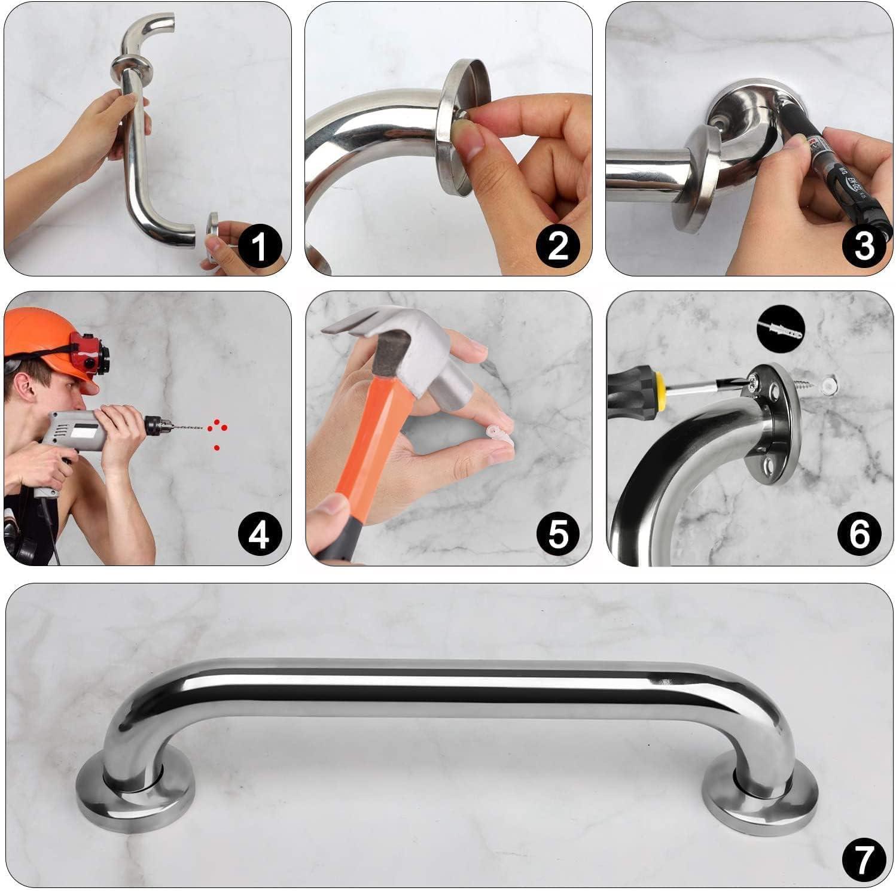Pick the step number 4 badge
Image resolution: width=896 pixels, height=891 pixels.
tap(258, 534)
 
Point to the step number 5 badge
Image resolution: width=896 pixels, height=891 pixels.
tap(557, 534)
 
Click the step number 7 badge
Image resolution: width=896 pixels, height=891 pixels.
tap(864, 859)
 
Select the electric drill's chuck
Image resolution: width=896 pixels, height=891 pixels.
tap(159, 425)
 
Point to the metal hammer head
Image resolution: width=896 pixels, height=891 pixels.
tap(383, 353)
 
